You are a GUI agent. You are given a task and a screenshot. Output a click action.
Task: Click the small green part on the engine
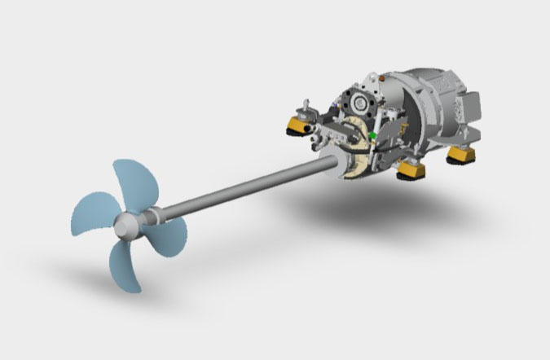[373, 134]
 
